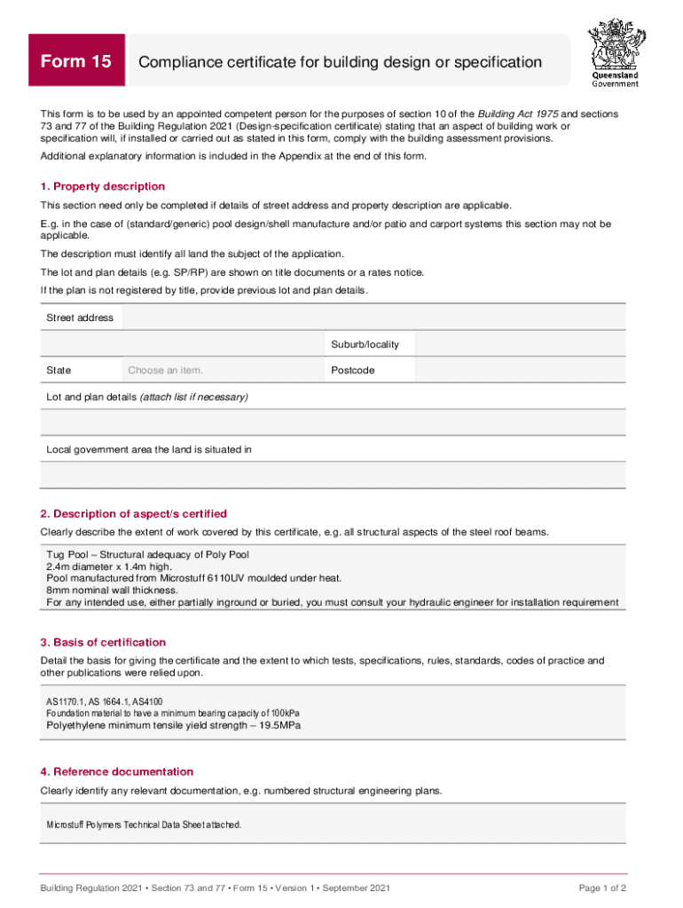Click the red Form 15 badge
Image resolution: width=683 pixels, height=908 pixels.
(x=76, y=61)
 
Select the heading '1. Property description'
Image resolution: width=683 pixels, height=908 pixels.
(x=103, y=186)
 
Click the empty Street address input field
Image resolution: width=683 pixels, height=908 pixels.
(x=373, y=317)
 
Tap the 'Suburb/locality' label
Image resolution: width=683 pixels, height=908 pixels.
(x=365, y=344)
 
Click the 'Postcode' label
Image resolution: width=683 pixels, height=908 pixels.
(x=352, y=370)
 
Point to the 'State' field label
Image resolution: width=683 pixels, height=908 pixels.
(x=59, y=370)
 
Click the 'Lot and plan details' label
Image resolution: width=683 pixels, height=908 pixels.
(x=147, y=397)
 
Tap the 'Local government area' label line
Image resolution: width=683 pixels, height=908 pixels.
(x=149, y=450)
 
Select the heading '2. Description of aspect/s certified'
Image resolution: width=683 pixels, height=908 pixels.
(x=134, y=513)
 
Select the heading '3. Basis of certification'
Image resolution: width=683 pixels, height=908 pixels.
(x=103, y=642)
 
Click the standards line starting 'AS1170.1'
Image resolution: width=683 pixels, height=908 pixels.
(x=104, y=701)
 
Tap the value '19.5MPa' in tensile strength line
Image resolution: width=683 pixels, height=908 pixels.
(x=279, y=725)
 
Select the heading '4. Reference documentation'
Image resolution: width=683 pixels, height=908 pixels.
(x=116, y=771)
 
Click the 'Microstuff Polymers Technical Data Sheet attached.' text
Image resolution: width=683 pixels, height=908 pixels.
(x=143, y=825)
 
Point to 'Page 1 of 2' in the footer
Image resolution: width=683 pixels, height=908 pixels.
(x=602, y=888)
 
